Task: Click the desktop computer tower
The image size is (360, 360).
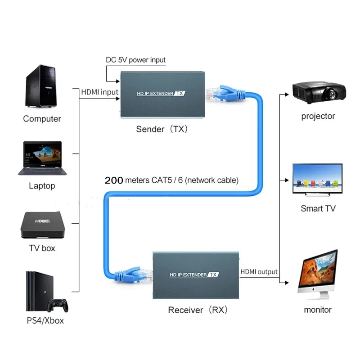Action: (x=41, y=86)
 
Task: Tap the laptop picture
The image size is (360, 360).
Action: (x=42, y=158)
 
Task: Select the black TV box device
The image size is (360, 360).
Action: (x=43, y=225)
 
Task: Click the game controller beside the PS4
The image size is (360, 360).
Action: (x=58, y=305)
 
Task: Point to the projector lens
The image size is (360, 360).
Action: (x=332, y=94)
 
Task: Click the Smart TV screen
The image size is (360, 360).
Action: (x=317, y=178)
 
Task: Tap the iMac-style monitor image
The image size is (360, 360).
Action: (x=318, y=274)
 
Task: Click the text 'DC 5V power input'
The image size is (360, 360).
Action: (x=135, y=60)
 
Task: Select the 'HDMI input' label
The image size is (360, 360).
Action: (x=99, y=92)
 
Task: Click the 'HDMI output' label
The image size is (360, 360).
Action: (x=259, y=272)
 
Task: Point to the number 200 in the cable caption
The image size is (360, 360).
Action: (x=114, y=180)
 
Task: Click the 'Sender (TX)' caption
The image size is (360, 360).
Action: (x=162, y=129)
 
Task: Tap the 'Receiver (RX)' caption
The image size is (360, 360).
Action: (x=198, y=310)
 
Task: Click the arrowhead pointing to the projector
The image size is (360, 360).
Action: (x=287, y=94)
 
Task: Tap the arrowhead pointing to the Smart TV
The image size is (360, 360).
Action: (x=287, y=180)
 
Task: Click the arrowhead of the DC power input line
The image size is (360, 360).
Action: (x=118, y=81)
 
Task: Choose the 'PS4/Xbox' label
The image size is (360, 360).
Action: (x=45, y=320)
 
